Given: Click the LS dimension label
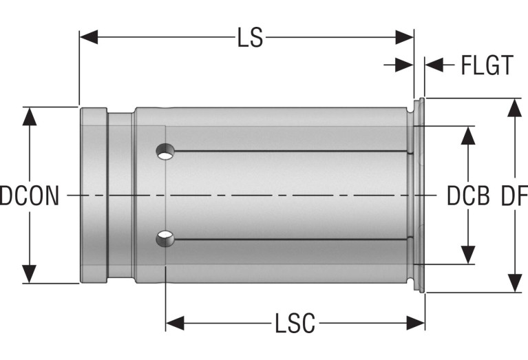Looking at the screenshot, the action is point(250,37).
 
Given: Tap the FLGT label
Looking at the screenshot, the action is point(487,65).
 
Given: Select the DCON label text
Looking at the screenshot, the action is point(30,195).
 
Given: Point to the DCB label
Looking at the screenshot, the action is point(468,195).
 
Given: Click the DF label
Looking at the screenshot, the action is point(514,195).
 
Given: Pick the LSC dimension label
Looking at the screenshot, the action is point(295,323).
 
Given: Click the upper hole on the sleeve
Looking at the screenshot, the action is point(165,151).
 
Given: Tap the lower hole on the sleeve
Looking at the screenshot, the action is point(165,239).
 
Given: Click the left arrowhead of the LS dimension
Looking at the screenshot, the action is point(89,37).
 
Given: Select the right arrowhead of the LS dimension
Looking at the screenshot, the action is point(404,37).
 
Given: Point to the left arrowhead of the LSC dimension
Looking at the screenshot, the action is point(175,323).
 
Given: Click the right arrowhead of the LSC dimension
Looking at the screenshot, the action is point(416,323).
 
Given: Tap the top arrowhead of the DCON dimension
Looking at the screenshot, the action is point(30,117).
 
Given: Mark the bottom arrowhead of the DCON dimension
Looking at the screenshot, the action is point(30,274).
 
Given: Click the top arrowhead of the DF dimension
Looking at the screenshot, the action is point(514,108).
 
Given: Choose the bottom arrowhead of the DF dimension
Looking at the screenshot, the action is point(514,283).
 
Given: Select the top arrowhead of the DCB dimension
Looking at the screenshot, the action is point(468,136).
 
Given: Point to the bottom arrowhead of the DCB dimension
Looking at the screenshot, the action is point(468,255).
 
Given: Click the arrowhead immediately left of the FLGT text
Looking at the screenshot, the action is point(434,65).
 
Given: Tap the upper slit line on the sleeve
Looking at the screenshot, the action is point(291,151).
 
